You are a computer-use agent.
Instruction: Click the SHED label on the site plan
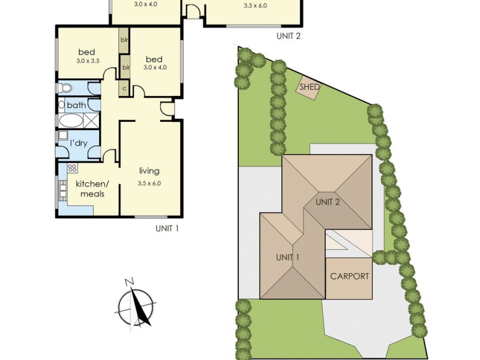point(309,86)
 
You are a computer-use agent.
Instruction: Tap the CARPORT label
point(349,276)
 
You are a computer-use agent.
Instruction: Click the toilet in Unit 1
point(64,88)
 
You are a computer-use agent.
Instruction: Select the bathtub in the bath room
point(70,121)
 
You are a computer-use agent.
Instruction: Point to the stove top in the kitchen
point(72,167)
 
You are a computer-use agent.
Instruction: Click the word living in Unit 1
point(149,171)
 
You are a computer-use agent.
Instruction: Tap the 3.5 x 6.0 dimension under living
point(149,184)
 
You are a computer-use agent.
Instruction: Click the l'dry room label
point(79,143)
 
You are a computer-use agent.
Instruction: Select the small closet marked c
point(124,88)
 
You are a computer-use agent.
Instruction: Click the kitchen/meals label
point(92,188)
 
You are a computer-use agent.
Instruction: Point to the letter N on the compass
point(129,281)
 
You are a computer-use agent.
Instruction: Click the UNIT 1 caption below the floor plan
point(167,229)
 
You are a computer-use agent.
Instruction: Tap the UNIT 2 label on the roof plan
point(328,202)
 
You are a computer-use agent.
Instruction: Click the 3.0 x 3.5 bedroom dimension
point(88,61)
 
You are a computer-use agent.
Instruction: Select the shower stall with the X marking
point(91,121)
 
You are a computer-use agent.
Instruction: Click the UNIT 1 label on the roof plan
point(287,258)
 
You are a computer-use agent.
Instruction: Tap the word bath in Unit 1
point(76,106)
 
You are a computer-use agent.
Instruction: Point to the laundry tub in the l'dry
point(63,136)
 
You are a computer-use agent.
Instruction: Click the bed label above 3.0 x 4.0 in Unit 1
point(154,59)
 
